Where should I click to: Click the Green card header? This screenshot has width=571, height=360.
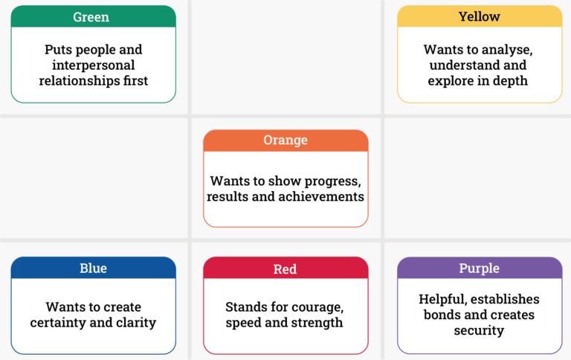(x=93, y=16)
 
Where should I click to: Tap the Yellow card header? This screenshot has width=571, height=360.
(x=479, y=16)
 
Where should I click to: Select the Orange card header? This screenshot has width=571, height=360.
(x=285, y=141)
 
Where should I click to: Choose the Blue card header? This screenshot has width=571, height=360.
(x=93, y=269)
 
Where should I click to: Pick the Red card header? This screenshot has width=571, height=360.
(x=285, y=269)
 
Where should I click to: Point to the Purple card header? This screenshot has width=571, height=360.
(x=479, y=269)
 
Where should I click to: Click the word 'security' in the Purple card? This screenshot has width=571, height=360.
(x=479, y=330)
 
